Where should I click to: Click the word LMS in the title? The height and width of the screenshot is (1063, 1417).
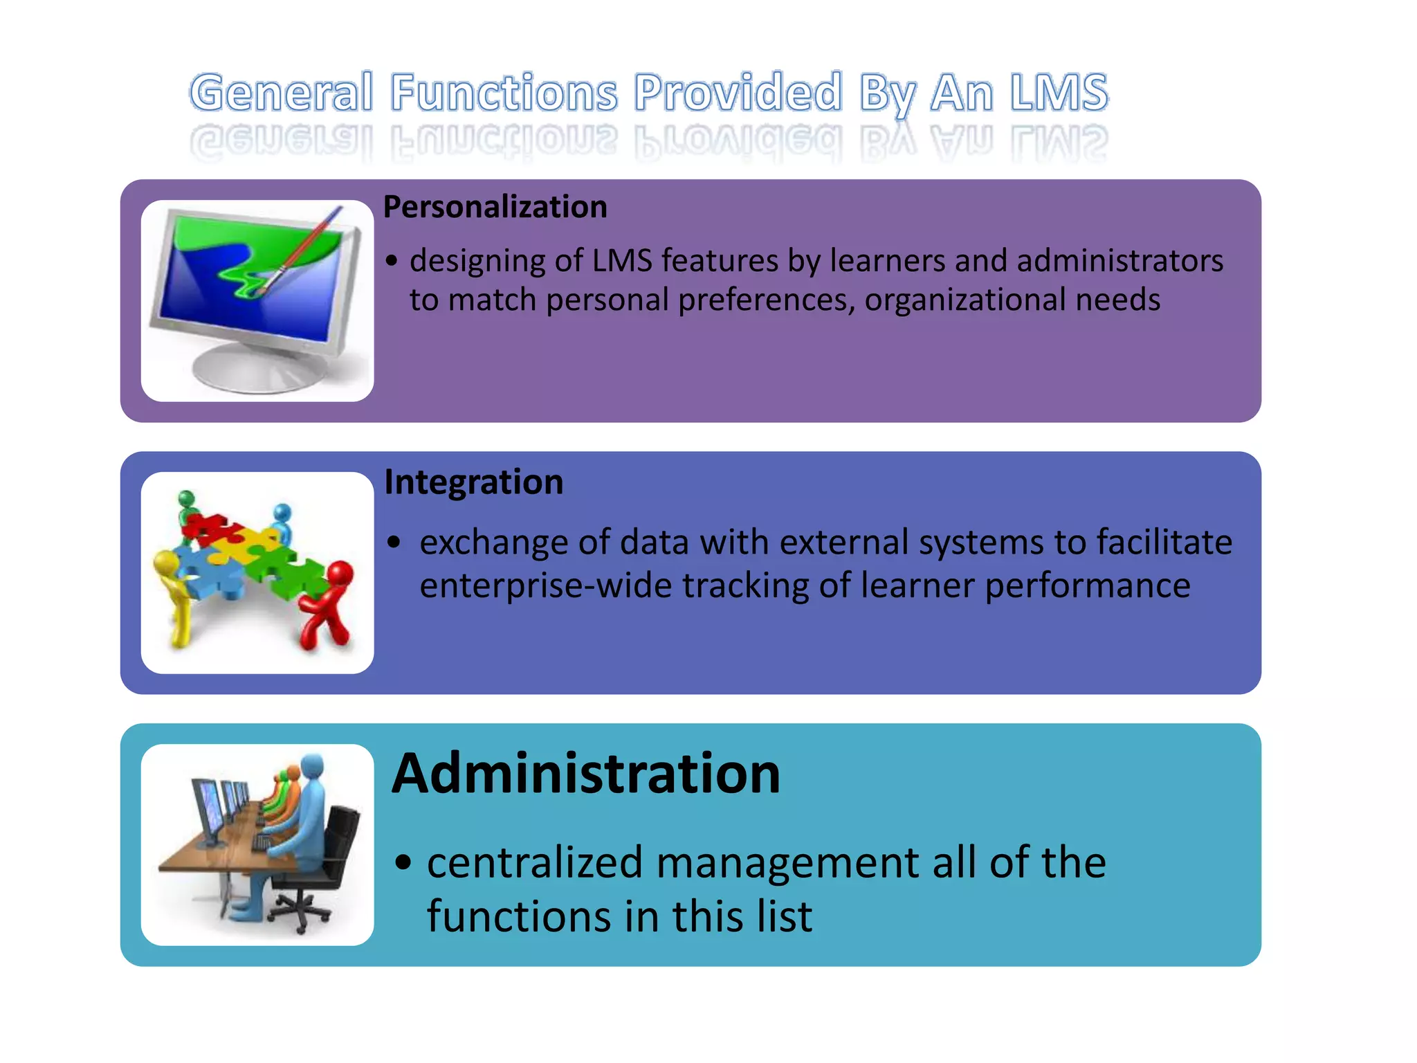point(1059,93)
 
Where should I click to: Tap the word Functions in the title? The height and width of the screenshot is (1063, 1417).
point(504,93)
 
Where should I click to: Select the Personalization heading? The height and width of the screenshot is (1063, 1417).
point(495,207)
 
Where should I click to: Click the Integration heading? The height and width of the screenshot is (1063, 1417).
point(474,482)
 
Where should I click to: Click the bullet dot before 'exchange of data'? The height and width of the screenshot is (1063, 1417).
point(394,542)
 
